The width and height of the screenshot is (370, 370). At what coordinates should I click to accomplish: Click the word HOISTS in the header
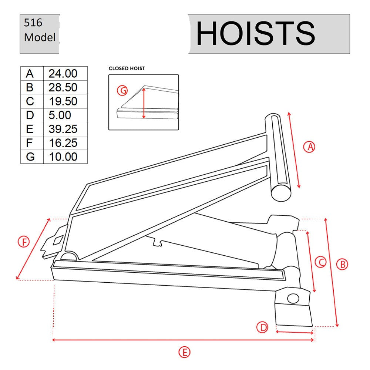coord(255,34)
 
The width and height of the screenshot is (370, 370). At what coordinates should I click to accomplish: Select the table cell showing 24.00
coord(63,74)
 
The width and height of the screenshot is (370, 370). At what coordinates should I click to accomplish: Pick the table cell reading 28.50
coord(63,88)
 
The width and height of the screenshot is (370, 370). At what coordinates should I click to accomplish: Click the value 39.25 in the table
coord(63,129)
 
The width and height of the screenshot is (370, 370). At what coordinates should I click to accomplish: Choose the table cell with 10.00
coord(63,157)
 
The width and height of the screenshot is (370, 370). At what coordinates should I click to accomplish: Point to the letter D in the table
coord(30,115)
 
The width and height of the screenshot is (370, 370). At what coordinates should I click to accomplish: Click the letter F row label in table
coord(30,143)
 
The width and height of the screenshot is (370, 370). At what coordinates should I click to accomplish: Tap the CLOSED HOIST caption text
coord(127,68)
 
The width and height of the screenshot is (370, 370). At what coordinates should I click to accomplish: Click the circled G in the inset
coord(122,90)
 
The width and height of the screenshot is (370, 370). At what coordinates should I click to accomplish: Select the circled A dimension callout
coord(309,147)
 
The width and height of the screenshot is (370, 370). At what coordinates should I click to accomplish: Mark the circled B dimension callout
coord(342,264)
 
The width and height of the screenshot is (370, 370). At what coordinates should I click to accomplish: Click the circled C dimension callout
coord(320,262)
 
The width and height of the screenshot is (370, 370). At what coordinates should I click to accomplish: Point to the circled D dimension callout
coord(262,327)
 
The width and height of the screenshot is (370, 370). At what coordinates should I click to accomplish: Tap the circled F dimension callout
coord(24,242)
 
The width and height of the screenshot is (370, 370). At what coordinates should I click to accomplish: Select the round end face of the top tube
coord(282,192)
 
